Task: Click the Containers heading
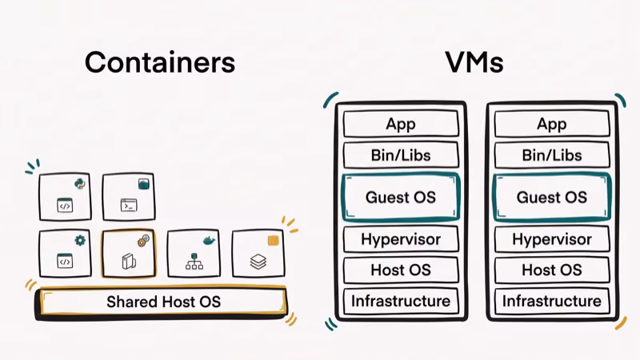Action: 159,62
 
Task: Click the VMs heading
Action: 475,62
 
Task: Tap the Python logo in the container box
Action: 79,184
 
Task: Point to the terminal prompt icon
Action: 129,206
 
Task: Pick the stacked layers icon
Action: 258,262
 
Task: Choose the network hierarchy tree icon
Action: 194,262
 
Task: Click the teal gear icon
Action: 79,240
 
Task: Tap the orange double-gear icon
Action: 143,240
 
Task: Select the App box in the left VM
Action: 400,124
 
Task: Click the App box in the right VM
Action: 552,124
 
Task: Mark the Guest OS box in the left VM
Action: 400,197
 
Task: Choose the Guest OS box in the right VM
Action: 552,197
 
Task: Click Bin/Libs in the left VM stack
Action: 400,154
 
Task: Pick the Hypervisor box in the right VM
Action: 552,239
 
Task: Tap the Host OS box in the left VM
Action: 400,270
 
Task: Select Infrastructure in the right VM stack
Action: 552,301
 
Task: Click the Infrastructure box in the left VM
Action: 400,301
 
